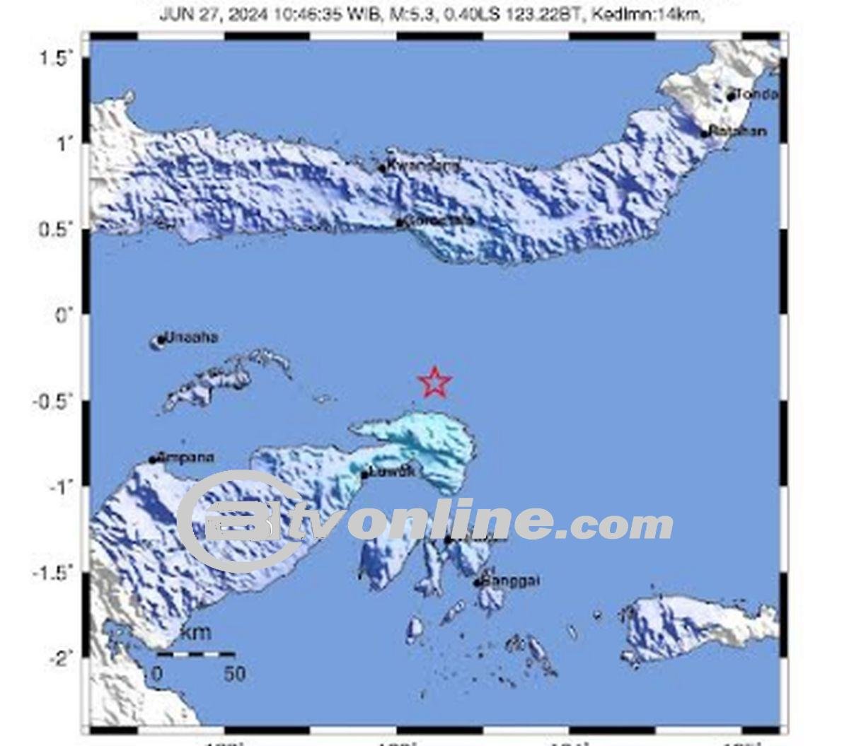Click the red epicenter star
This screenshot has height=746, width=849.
pyautogui.click(x=434, y=383)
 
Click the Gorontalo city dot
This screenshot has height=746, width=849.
pyautogui.click(x=399, y=223)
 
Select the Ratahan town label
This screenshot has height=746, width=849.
pyautogui.click(x=738, y=131)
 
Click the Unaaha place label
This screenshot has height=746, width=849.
pyautogui.click(x=191, y=337)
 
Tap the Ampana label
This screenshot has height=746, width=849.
pyautogui.click(x=186, y=457)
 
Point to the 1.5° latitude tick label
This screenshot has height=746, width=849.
pyautogui.click(x=57, y=58)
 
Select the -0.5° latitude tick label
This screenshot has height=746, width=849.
pyautogui.click(x=54, y=401)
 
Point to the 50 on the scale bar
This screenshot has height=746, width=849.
pyautogui.click(x=234, y=673)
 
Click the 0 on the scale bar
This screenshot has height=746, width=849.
pyautogui.click(x=158, y=673)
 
